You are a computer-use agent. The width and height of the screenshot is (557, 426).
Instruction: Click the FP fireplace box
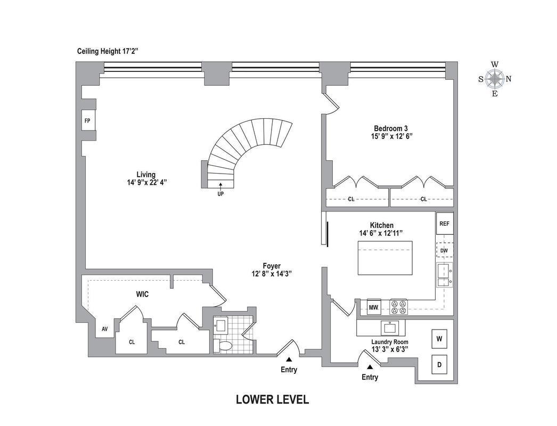87,120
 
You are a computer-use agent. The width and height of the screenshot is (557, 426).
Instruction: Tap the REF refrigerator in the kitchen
444,224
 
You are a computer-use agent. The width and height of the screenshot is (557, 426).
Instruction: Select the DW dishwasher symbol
444,250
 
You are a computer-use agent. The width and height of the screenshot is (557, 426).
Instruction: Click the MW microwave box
374,307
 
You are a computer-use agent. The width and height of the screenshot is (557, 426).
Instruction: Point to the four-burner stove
398,307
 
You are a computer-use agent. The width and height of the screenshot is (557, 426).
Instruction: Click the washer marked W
440,339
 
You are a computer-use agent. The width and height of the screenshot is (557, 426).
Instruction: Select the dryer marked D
440,365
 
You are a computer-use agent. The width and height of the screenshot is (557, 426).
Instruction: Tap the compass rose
495,79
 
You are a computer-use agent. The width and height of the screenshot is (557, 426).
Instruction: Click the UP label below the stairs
220,194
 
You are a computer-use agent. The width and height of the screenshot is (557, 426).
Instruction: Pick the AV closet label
105,329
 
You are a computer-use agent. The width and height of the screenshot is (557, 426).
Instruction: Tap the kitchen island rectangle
384,258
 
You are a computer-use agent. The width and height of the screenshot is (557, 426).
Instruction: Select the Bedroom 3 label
391,128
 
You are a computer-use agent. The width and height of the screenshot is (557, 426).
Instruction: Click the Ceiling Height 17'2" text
108,52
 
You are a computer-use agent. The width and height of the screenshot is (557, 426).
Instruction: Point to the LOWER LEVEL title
272,399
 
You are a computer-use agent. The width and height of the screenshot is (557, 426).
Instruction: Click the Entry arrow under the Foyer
289,359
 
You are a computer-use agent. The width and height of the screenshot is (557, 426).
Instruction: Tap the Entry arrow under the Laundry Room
370,366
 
